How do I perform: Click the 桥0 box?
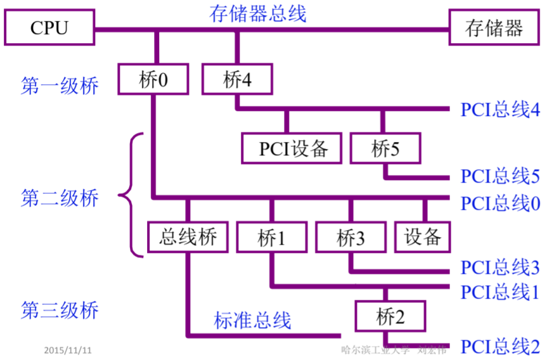point(154,80)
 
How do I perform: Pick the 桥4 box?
point(237,80)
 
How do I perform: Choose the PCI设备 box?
point(292,148)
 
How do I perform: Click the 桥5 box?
point(385,148)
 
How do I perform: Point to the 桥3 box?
point(351,238)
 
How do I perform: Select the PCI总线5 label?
point(499,176)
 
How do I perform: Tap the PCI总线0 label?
point(499,203)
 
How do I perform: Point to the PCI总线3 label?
point(499,267)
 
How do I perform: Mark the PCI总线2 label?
point(499,347)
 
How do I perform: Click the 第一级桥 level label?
point(60,86)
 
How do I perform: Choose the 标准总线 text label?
point(252,320)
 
